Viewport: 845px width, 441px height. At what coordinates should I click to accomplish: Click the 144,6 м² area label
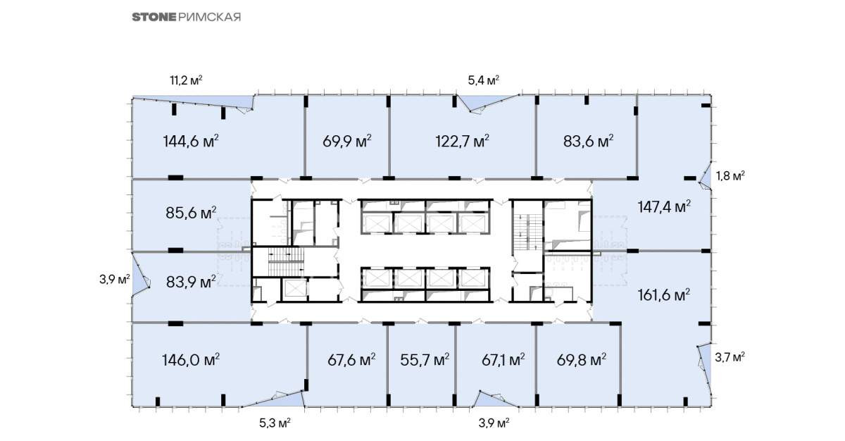(191, 142)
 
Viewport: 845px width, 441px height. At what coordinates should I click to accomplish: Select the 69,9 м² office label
(347, 142)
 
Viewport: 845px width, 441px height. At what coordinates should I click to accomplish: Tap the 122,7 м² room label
(463, 142)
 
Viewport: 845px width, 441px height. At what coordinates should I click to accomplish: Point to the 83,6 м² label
(589, 142)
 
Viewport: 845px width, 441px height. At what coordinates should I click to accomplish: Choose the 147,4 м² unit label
(664, 207)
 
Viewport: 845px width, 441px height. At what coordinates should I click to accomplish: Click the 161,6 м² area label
(664, 295)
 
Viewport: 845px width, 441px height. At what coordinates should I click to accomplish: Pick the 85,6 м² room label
(192, 213)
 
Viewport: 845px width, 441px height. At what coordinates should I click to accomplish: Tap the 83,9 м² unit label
(192, 282)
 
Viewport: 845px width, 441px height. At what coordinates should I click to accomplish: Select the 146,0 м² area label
(191, 360)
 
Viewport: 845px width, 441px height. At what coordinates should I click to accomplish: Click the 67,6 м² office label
(351, 360)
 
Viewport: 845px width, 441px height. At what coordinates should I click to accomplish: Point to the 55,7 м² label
(425, 360)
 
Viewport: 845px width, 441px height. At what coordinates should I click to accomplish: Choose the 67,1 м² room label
(503, 360)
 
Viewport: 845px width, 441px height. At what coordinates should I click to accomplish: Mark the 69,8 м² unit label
(582, 360)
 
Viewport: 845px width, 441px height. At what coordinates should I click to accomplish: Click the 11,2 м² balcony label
(187, 80)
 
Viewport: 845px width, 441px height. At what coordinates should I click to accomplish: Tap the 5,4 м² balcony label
(484, 80)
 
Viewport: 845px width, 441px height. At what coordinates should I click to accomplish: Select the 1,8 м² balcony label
(731, 176)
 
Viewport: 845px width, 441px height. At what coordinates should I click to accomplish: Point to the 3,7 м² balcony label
(730, 357)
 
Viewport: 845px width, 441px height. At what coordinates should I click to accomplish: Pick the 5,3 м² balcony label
(275, 423)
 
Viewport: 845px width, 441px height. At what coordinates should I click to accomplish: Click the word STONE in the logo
(154, 18)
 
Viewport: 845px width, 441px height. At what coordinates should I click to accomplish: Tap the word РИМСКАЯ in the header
(209, 18)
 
